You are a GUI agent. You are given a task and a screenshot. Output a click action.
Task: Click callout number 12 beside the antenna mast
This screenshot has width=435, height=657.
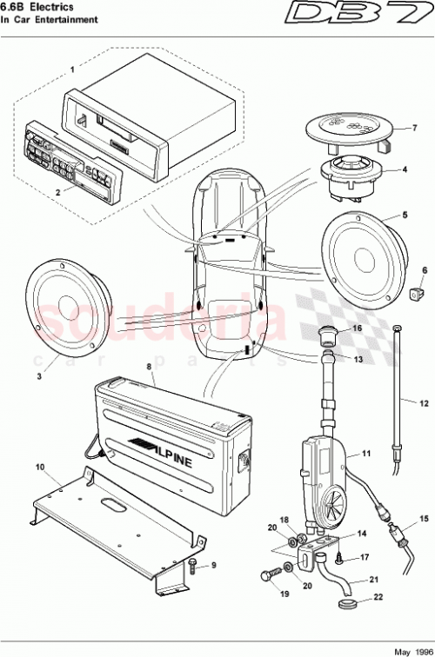pos(425,403)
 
